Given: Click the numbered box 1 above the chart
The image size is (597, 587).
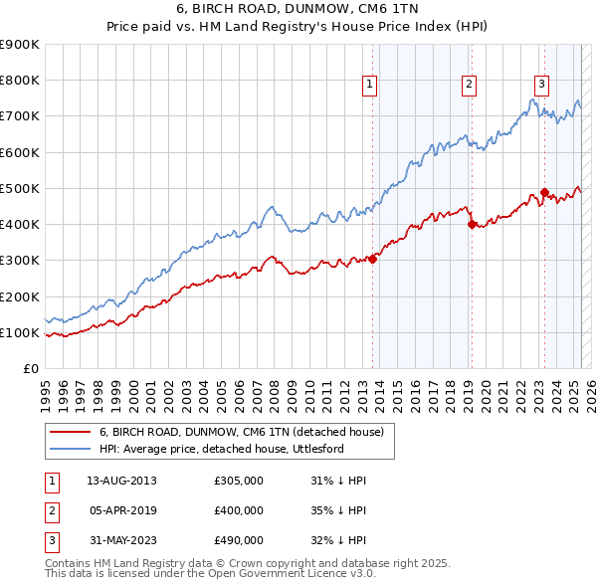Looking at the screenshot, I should (369, 85).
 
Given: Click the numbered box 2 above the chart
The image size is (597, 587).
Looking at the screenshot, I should (468, 85).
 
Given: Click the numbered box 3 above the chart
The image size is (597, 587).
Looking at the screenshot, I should (541, 85).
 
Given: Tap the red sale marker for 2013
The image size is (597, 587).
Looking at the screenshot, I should (372, 259).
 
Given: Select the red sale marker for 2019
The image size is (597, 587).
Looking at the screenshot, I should (472, 224).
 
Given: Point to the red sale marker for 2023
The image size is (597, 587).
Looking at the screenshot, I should (544, 192).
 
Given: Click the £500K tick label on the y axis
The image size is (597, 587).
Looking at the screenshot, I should (20, 188).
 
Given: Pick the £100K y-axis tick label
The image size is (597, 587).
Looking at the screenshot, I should (20, 332).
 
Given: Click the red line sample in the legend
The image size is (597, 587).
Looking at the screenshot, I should (70, 432).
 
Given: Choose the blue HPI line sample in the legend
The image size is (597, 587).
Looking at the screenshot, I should (70, 449).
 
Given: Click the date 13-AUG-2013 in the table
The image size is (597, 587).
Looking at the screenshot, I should (121, 481).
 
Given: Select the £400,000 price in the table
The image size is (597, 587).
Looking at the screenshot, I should (239, 510).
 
